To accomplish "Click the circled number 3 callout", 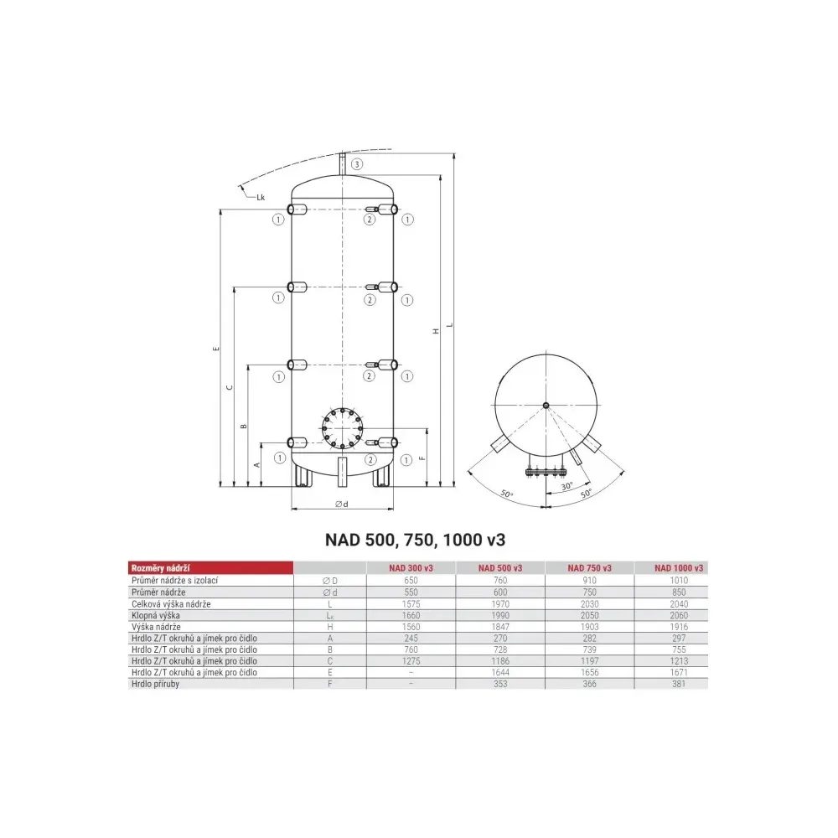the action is pyautogui.click(x=356, y=164).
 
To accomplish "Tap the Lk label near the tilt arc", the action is pyautogui.click(x=261, y=197).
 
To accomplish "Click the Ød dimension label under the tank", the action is pyautogui.click(x=342, y=504).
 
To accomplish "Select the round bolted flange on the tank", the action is pyautogui.click(x=342, y=428).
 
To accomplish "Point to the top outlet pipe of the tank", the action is pyautogui.click(x=343, y=163).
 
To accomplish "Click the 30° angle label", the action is pyautogui.click(x=567, y=486).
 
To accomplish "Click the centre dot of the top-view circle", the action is pyautogui.click(x=546, y=406).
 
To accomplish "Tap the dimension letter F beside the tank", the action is pyautogui.click(x=422, y=458).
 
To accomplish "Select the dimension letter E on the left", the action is pyautogui.click(x=216, y=349).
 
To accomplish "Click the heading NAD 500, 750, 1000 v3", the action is pyautogui.click(x=416, y=540).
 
